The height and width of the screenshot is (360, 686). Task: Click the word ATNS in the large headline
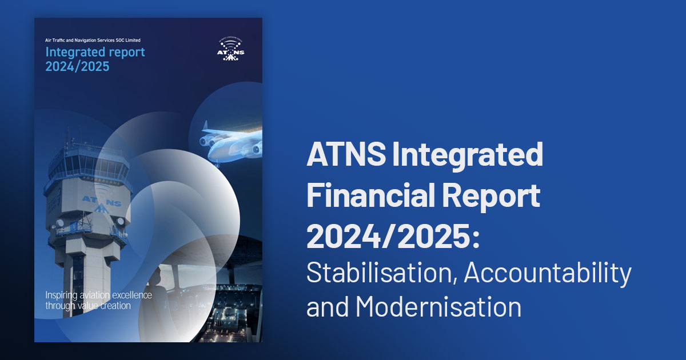pyautogui.click(x=346, y=154)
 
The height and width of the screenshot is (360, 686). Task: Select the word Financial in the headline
pyautogui.click(x=370, y=195)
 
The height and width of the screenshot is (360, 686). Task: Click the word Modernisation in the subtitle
pyautogui.click(x=438, y=306)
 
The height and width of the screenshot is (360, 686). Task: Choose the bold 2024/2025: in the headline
pyautogui.click(x=393, y=236)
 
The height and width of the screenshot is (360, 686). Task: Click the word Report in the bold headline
pyautogui.click(x=491, y=196)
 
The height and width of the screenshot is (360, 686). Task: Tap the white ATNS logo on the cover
pyautogui.click(x=230, y=50)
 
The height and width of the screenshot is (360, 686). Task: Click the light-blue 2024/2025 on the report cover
pyautogui.click(x=77, y=66)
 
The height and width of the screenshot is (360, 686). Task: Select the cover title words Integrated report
pyautogui.click(x=95, y=53)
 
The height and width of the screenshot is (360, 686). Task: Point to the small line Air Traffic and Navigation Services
pyautogui.click(x=79, y=40)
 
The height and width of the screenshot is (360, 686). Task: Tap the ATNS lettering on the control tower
pyautogui.click(x=102, y=202)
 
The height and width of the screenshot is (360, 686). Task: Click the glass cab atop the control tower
pyautogui.click(x=88, y=163)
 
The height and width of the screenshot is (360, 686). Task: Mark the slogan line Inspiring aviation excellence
pyautogui.click(x=98, y=295)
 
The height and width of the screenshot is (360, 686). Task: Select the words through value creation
pyautogui.click(x=88, y=306)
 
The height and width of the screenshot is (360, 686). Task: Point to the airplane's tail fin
pyautogui.click(x=205, y=126)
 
